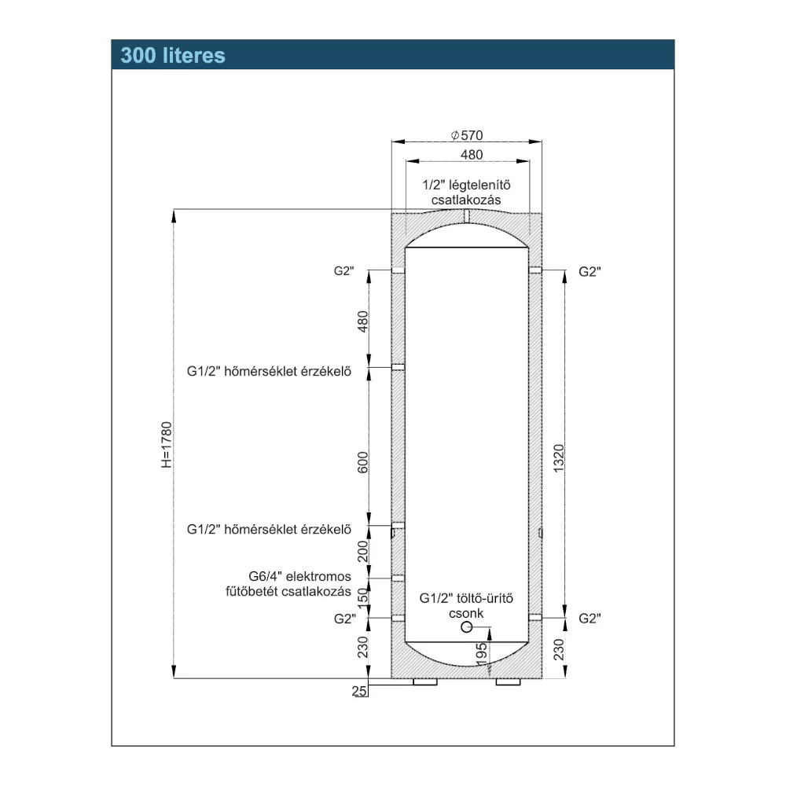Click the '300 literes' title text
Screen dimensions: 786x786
point(173,55)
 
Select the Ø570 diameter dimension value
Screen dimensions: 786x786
point(467,135)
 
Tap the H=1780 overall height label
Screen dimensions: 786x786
point(167,445)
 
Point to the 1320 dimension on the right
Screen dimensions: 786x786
point(558,458)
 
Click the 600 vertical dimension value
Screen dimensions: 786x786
point(362,462)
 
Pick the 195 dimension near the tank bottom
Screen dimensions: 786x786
point(481,655)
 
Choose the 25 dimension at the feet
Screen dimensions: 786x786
point(359,691)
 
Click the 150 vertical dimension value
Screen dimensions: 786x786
point(362,596)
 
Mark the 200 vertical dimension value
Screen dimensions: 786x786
point(362,552)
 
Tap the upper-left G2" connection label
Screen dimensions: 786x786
point(344,270)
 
